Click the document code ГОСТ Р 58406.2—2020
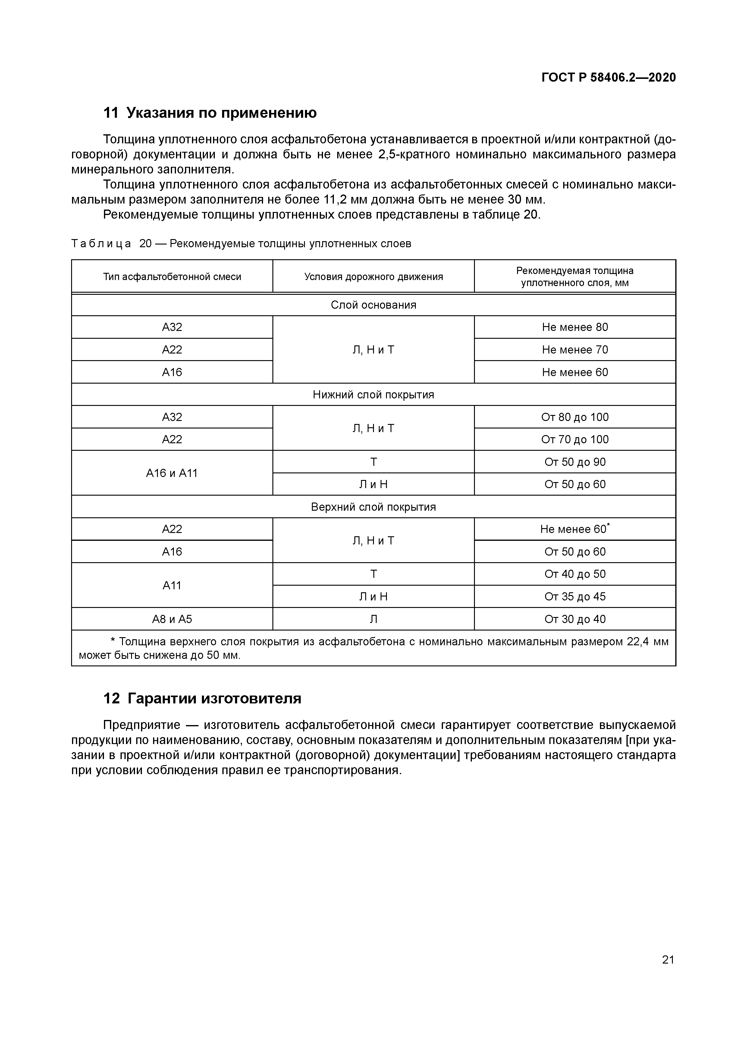pyautogui.click(x=608, y=77)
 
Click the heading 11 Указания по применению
pyautogui.click(x=210, y=113)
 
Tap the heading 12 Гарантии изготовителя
pyautogui.click(x=202, y=698)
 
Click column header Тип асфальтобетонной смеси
pyautogui.click(x=172, y=276)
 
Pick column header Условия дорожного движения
pyautogui.click(x=373, y=276)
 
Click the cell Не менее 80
pyautogui.click(x=575, y=327)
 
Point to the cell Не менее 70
pyautogui.click(x=575, y=350)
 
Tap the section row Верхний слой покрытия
pyautogui.click(x=373, y=507)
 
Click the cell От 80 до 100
pyautogui.click(x=575, y=417)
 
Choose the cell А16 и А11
pyautogui.click(x=172, y=473)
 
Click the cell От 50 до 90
pyautogui.click(x=575, y=462)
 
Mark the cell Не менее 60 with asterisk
pyautogui.click(x=575, y=529)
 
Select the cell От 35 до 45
pyautogui.click(x=575, y=597)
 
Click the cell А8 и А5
pyautogui.click(x=172, y=619)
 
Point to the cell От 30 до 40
pyautogui.click(x=575, y=619)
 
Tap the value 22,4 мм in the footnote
pyautogui.click(x=647, y=642)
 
